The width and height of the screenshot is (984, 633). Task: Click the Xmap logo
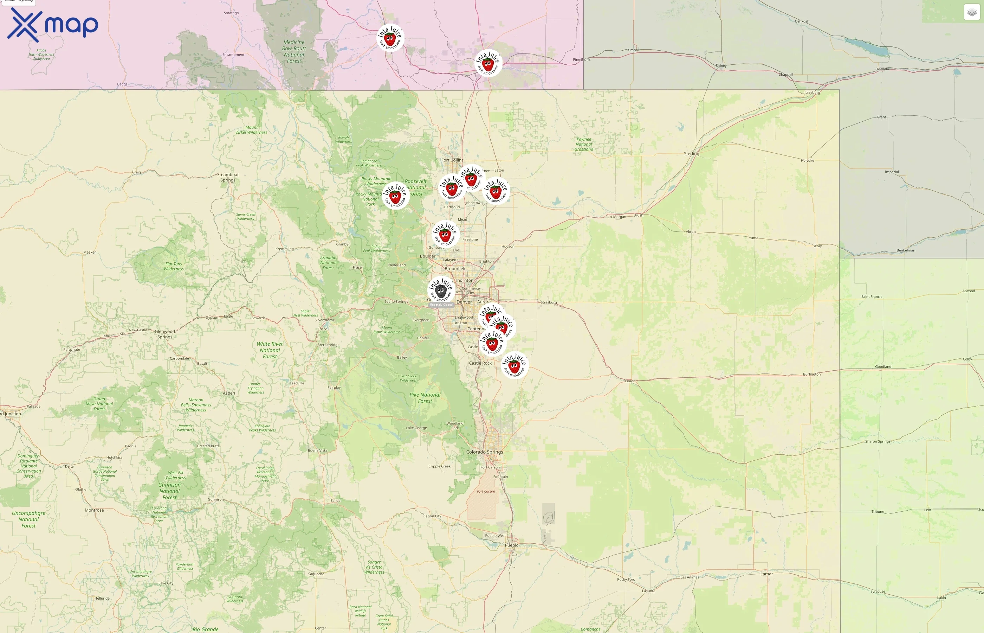[53, 25]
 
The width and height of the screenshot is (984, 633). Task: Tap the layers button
[972, 12]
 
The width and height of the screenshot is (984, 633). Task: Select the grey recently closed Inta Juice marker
[441, 290]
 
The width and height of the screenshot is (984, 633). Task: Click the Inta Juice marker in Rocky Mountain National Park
[395, 196]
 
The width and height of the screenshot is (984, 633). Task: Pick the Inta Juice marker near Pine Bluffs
[488, 63]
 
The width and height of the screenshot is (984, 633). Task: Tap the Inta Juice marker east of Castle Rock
[514, 365]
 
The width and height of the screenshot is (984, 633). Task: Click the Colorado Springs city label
[484, 452]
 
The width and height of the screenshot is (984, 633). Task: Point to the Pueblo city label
[511, 545]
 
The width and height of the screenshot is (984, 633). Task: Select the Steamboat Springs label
[228, 177]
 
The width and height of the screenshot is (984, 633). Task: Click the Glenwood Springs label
[165, 334]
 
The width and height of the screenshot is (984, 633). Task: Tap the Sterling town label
[691, 153]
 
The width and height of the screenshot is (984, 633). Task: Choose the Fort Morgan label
[616, 217]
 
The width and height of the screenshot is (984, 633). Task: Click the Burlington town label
[811, 374]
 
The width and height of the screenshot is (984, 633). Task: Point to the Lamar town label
[766, 574]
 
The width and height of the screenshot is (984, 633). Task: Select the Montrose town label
[94, 510]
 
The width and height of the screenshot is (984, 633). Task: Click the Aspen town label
[229, 393]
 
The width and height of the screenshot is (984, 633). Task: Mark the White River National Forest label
[270, 350]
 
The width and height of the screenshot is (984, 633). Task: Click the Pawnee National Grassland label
[584, 144]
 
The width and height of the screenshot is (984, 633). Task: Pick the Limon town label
[630, 381]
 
